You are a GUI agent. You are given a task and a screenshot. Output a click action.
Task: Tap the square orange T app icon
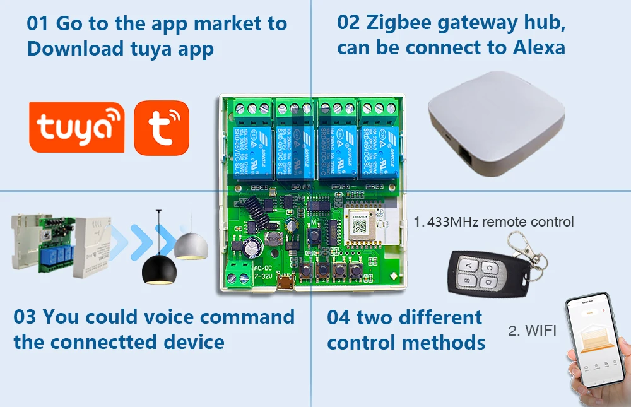(162, 127)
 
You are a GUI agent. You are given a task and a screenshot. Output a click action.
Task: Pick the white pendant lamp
(191, 245)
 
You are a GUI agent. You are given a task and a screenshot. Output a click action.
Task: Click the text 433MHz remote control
(498, 221)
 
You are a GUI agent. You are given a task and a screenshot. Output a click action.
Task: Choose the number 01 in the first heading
(38, 24)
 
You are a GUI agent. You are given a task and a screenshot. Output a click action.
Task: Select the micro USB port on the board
(289, 283)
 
